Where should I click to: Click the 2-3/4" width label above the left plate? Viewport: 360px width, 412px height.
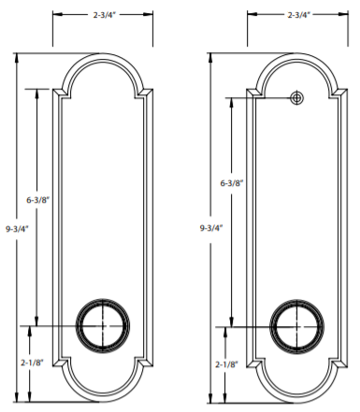(104, 15)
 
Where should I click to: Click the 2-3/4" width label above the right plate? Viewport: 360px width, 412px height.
(299, 15)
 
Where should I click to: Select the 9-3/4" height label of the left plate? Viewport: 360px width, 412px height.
(17, 229)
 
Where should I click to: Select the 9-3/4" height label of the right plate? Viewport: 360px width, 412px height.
(211, 228)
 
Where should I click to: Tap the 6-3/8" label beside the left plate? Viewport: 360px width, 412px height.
(38, 200)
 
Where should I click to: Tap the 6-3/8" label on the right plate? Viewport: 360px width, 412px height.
(232, 183)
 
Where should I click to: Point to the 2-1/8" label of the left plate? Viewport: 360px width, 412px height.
(32, 362)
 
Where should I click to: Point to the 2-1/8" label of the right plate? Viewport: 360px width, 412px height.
(226, 364)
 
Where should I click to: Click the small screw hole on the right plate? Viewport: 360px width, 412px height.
(297, 98)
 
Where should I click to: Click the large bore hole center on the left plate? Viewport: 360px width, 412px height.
(103, 326)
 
